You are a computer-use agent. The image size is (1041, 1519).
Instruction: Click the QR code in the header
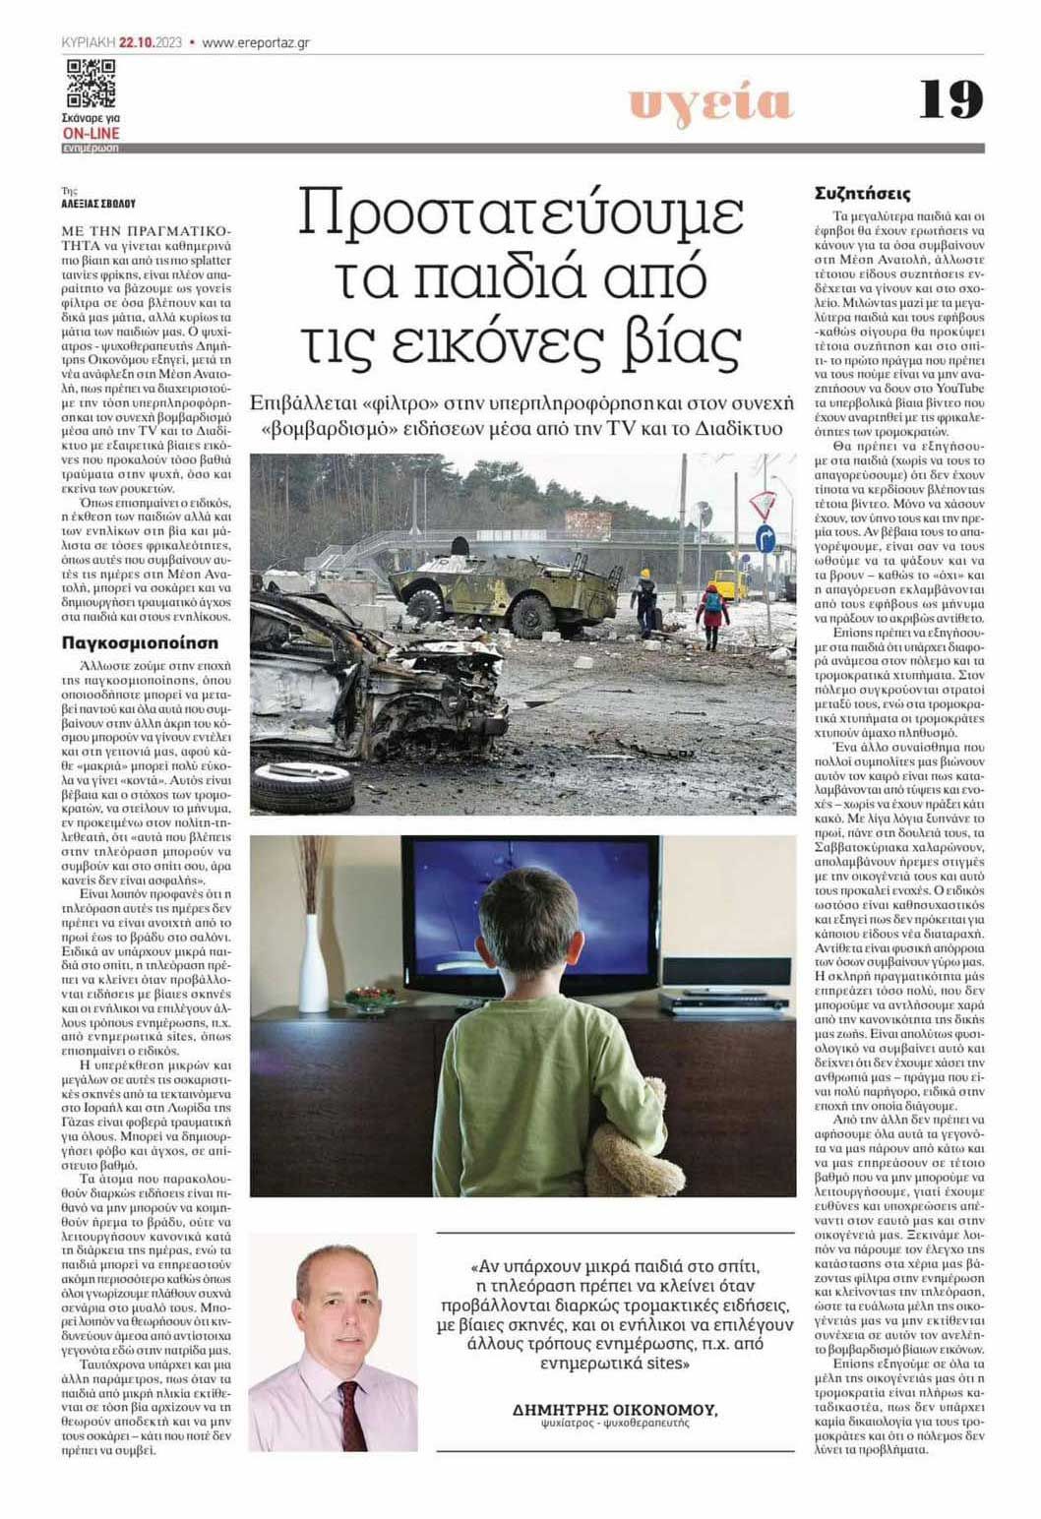(x=91, y=84)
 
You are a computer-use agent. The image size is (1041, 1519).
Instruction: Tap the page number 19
(x=950, y=99)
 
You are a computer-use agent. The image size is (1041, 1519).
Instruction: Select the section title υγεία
(x=710, y=102)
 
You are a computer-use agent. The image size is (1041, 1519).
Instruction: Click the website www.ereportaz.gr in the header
(x=257, y=42)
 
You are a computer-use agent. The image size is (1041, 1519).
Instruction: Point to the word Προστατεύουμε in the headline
(x=520, y=215)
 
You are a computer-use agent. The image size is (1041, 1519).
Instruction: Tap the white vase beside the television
(x=313, y=963)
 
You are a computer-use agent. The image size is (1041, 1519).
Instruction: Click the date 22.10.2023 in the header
(x=152, y=42)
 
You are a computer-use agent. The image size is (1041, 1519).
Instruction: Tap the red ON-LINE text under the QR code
(x=91, y=134)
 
